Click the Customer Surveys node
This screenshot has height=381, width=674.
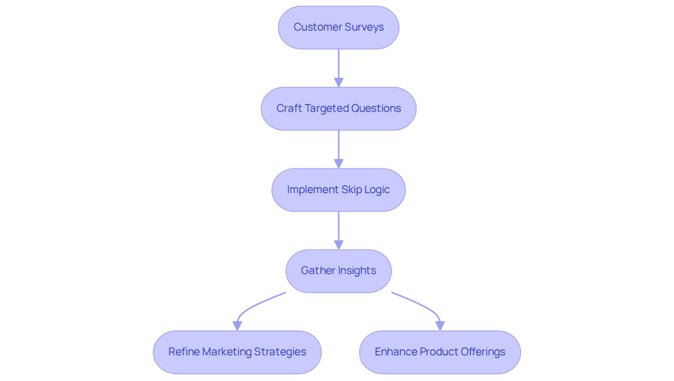click(x=339, y=27)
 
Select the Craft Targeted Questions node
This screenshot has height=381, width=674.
click(x=339, y=109)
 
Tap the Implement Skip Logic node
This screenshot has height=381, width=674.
click(x=339, y=190)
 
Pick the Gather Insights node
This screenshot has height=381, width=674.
click(x=339, y=271)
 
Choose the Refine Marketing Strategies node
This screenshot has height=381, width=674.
click(x=237, y=352)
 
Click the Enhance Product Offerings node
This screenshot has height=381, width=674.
click(x=440, y=352)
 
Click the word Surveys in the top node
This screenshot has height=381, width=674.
click(x=364, y=27)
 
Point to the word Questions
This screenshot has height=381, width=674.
click(x=376, y=108)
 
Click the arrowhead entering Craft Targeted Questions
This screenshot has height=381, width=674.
click(x=339, y=83)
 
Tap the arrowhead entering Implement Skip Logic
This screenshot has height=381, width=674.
click(x=339, y=164)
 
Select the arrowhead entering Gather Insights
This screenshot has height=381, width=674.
click(x=339, y=245)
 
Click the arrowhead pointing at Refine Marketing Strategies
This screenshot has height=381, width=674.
click(x=237, y=326)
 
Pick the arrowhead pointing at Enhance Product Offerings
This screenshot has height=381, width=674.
click(x=440, y=326)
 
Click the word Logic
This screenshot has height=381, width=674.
click(x=377, y=190)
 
